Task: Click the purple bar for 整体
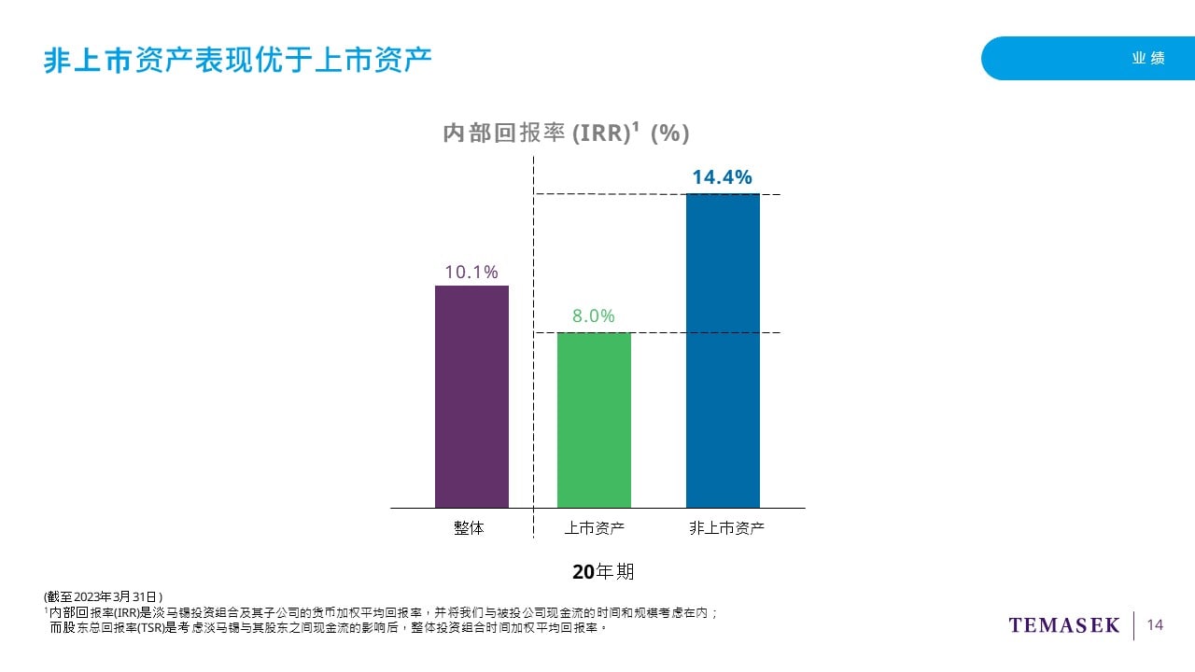coord(471,397)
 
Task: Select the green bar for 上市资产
coord(594,420)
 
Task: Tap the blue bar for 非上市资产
coord(723,350)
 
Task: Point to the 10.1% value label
coord(471,273)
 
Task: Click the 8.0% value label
coord(594,316)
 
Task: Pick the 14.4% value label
coord(722,177)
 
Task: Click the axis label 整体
coord(470,528)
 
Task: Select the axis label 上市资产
coord(594,528)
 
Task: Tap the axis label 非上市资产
coord(726,528)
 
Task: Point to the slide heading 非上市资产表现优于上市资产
coord(237,60)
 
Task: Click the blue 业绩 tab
coord(1148,58)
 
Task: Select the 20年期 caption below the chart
coord(603,571)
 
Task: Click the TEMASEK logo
coord(1063,625)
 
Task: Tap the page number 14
coord(1155,625)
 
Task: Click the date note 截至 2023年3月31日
coord(104,596)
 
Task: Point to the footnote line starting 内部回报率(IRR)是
coord(383,612)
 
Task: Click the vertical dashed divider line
coord(533,420)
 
